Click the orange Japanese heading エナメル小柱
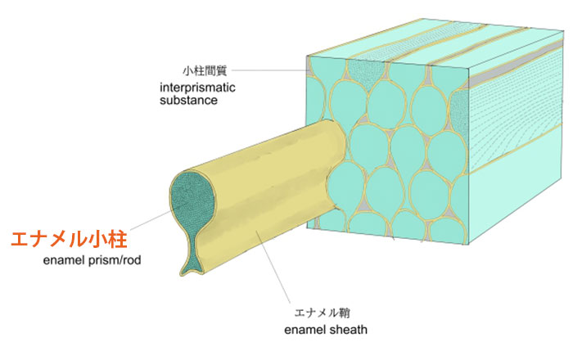(x=69, y=240)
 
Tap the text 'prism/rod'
(x=115, y=261)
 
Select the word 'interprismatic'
(x=197, y=88)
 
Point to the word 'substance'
(x=188, y=101)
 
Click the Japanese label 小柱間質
(x=205, y=70)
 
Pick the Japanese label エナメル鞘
(x=323, y=313)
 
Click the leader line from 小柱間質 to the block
(x=270, y=70)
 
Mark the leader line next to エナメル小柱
(x=150, y=221)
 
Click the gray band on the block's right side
(x=515, y=63)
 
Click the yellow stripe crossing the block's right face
(x=515, y=149)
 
